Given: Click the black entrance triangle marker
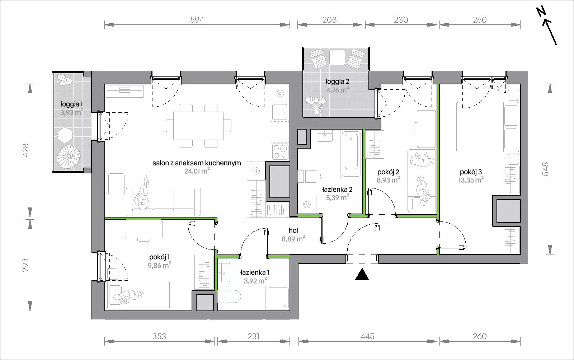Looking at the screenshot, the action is [362, 274].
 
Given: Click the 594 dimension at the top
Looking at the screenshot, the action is [197, 20].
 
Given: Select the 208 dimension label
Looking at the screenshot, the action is [330, 20].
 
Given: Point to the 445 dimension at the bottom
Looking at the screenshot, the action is [367, 336].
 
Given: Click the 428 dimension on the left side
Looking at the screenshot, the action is [26, 150].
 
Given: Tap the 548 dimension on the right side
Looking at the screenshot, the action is [546, 169].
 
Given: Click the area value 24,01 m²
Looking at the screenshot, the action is [197, 171].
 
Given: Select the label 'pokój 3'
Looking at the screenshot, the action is [471, 172].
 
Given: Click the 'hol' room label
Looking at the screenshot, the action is [293, 230].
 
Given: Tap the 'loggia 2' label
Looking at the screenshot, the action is [337, 81].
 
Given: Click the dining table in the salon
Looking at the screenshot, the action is [198, 126].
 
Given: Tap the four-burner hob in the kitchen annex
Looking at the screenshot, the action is [280, 151].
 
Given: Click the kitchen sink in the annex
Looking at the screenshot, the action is [280, 112].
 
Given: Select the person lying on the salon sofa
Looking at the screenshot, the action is [142, 193].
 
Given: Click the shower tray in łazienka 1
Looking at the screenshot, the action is [278, 298].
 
